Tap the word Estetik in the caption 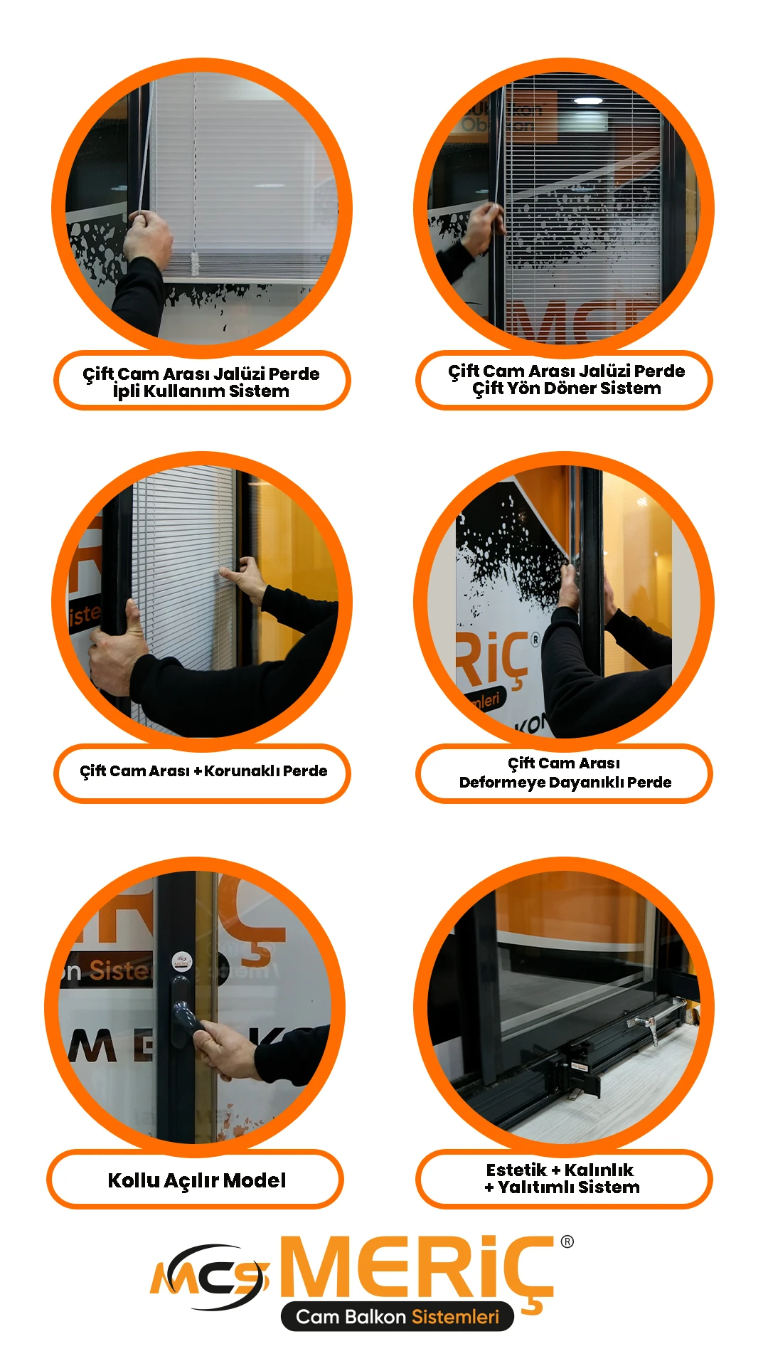click(x=516, y=1170)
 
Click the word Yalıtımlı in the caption click(x=536, y=1187)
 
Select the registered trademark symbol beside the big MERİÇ click(x=567, y=1241)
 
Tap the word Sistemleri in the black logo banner click(x=456, y=1317)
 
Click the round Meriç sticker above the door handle click(x=182, y=962)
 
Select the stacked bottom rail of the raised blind click(x=249, y=267)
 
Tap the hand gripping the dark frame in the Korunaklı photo click(x=118, y=644)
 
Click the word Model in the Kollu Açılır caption click(x=255, y=1180)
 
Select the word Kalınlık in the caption click(x=599, y=1170)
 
